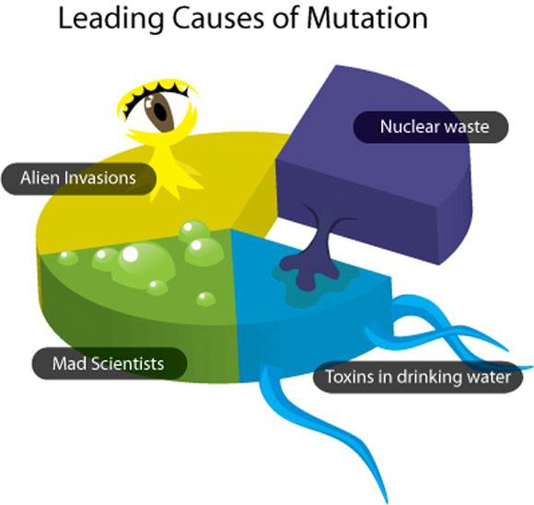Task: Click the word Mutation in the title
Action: pos(366,18)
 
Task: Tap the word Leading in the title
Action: pos(110,19)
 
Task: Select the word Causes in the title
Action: pos(218,18)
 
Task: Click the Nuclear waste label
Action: pos(431,127)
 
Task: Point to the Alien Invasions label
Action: pos(78,179)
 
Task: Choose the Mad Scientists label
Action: pos(110,363)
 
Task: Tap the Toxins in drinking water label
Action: pos(418,377)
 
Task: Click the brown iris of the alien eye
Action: pos(159,112)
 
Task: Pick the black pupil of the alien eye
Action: pos(160,111)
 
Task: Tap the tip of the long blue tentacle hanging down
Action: pos(386,501)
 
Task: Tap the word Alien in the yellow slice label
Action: pos(41,178)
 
